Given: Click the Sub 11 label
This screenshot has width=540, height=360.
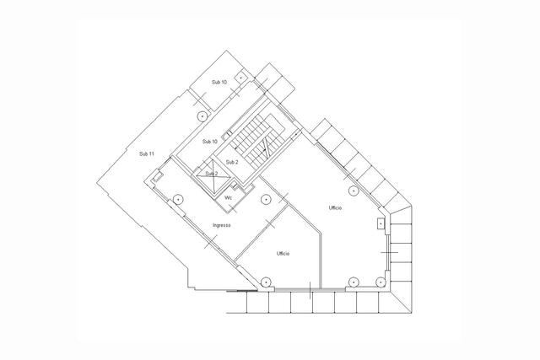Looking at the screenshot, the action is [146, 153].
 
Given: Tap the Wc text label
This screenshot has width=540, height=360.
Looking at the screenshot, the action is [228, 198].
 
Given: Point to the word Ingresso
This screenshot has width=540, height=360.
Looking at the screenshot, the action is [221, 225].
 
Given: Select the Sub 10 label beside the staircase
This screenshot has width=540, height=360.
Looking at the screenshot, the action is [210, 142].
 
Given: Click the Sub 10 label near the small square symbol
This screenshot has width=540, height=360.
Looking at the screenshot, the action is [219, 83].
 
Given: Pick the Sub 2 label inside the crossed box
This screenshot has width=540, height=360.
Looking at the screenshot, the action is [212, 174].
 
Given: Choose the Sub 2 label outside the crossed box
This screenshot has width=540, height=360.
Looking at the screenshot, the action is [232, 162].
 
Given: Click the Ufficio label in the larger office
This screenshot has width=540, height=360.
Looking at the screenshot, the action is [335, 208].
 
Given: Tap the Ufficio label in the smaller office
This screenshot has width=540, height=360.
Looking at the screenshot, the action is [283, 254].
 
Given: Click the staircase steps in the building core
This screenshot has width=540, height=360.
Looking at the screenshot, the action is [259, 139].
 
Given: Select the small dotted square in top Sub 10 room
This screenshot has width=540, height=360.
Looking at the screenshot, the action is [241, 78].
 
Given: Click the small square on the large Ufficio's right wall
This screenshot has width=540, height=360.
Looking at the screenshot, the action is [381, 223].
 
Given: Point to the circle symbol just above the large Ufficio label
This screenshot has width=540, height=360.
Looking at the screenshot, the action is [354, 191].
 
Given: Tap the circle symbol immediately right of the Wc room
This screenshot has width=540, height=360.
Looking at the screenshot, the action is [265, 199].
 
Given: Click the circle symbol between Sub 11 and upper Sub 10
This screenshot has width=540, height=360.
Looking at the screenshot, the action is [202, 116].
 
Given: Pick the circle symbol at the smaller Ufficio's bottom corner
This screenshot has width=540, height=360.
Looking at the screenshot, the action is [266, 282].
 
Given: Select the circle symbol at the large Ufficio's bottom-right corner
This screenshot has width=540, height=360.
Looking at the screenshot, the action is [381, 282].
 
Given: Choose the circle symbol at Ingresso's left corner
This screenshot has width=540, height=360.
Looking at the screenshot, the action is [178, 199].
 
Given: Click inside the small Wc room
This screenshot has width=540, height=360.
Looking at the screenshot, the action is [230, 200].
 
